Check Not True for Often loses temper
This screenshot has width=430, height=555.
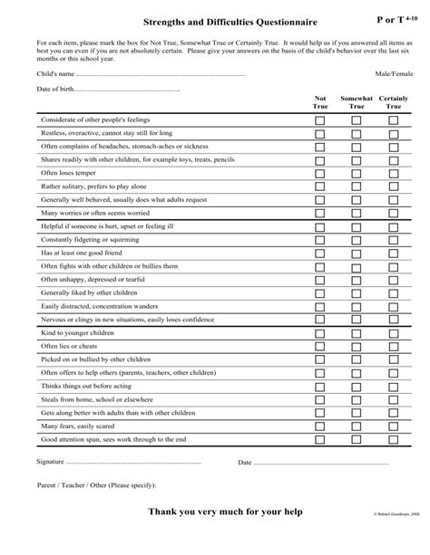tap(319, 172)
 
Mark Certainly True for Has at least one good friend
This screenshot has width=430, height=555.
tap(393, 254)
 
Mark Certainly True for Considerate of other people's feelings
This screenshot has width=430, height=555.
tap(393, 120)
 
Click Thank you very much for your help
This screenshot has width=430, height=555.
tap(215, 513)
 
